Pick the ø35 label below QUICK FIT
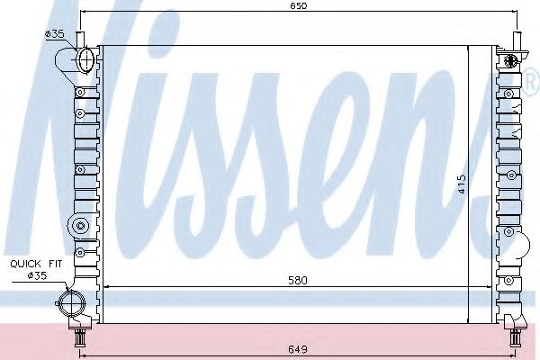pos(35,275)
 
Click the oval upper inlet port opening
pos(85,61)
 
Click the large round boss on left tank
pos(81,225)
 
